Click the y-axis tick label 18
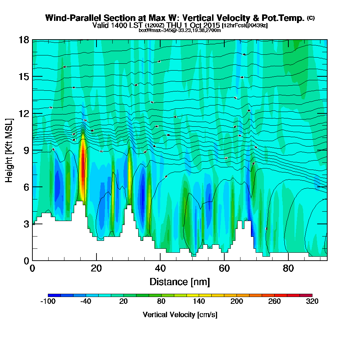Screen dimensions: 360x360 point(24,40)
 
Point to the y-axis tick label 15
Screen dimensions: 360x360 point(24,77)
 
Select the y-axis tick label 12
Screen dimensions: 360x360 point(24,113)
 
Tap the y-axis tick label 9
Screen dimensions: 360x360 point(26,150)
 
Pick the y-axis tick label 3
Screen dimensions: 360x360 point(26,224)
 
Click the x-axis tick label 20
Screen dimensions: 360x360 point(96,268)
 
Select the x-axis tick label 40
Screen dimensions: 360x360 point(160,268)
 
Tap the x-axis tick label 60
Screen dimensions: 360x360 point(224,268)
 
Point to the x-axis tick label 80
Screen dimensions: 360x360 point(288,268)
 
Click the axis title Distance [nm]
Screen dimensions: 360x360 point(180,282)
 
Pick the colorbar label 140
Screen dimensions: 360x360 point(199,302)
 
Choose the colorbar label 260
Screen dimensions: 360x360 point(274,302)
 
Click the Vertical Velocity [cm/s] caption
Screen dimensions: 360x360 point(180,315)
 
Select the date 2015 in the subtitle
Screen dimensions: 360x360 point(211,25)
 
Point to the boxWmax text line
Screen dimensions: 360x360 point(180,30)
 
